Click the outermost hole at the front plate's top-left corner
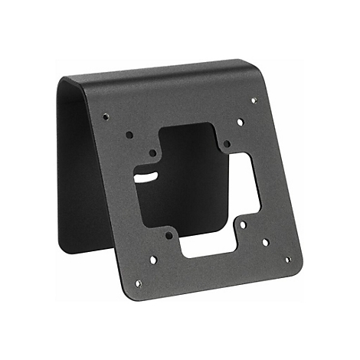106,116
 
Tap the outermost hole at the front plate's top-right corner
254,100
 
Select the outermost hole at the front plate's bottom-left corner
138,283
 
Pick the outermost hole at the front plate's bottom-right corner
288,259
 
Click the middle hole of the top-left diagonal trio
129,135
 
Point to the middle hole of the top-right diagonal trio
240,122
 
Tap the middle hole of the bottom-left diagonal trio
153,260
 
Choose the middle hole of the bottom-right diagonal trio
266,242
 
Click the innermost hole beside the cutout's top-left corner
152,152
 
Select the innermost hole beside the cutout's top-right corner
226,143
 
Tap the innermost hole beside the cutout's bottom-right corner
243,226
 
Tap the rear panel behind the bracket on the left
80,176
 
